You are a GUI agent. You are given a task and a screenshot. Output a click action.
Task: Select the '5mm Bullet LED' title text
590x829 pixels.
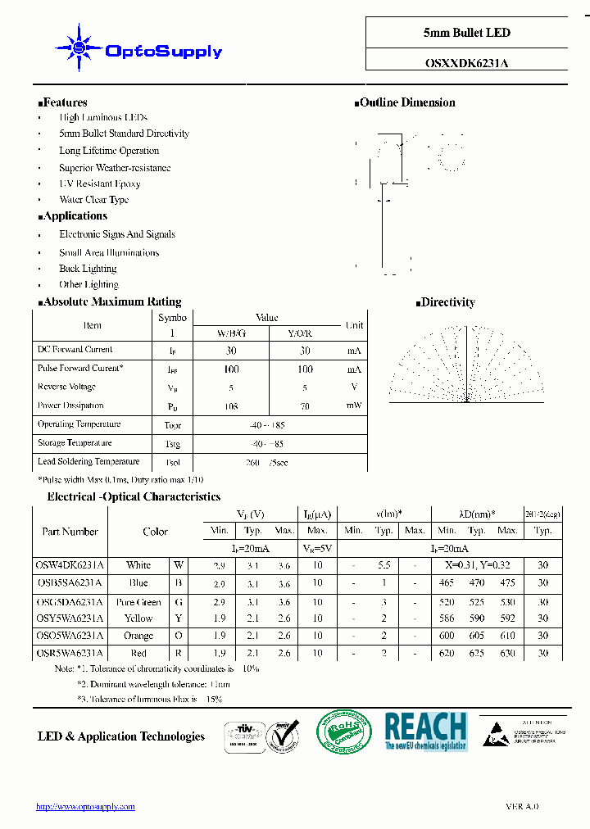point(466,33)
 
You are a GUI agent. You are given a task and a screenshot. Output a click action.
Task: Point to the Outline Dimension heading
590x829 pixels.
point(407,102)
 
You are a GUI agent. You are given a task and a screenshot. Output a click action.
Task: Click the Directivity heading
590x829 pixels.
point(447,302)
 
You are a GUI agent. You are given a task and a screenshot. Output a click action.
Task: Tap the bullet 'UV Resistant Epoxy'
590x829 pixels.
point(99,183)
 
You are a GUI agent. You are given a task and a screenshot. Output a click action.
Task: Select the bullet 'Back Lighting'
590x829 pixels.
point(88,269)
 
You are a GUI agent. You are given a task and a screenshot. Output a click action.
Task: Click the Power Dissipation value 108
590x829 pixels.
point(232,405)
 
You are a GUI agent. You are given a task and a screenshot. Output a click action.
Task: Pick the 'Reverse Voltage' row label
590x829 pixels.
point(66,387)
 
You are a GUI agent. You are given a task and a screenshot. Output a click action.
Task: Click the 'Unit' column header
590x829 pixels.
point(354,325)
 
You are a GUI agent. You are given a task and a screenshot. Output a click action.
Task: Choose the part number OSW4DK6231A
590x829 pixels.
point(70,565)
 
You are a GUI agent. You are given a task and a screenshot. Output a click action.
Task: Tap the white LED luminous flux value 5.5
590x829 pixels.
point(383,565)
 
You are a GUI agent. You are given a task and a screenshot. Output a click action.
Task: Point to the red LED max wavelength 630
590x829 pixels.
point(508,653)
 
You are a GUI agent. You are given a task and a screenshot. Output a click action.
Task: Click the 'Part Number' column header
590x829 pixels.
point(70,532)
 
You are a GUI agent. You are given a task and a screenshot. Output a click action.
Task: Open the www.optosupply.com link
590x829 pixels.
point(85,807)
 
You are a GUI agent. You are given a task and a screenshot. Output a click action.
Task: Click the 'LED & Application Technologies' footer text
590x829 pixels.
point(121,736)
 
